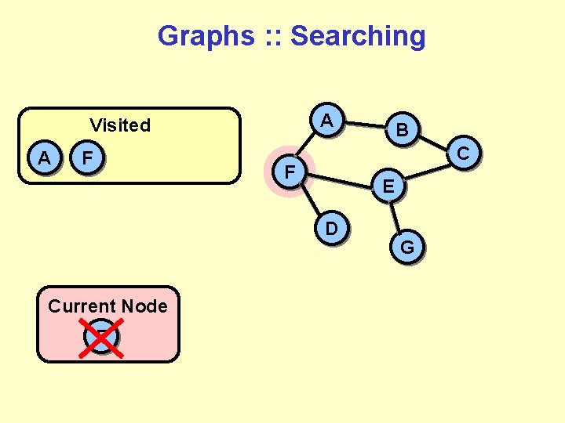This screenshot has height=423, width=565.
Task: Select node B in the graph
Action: tap(402, 130)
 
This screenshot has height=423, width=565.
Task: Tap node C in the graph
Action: tap(463, 154)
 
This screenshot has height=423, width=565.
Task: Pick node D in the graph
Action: tap(332, 228)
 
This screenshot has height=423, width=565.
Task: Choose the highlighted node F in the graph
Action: tap(290, 171)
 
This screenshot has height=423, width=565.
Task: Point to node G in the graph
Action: tap(407, 248)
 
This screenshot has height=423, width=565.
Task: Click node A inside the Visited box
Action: tap(45, 158)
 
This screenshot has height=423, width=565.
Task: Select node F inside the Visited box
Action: tap(89, 158)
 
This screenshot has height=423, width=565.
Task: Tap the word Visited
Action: tap(120, 125)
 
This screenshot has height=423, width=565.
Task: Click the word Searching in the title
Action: tap(359, 36)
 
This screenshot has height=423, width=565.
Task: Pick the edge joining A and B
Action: tap(365, 125)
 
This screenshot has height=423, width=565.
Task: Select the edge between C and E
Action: tap(428, 168)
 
